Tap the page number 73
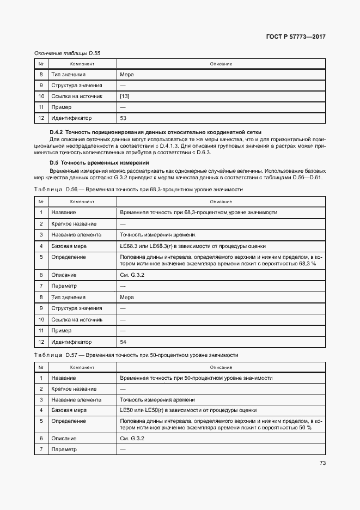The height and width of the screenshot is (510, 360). tap(322, 463)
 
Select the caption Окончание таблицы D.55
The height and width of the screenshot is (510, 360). tap(68, 53)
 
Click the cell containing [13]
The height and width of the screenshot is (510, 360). tap(125, 96)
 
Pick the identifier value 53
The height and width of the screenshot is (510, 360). tap(123, 118)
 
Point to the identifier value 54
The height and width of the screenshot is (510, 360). tap(123, 342)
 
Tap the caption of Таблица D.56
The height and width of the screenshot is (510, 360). tap(138, 189)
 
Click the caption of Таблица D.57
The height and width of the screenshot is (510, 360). tap(136, 355)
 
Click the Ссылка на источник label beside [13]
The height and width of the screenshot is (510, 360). tap(77, 96)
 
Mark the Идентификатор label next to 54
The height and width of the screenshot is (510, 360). tap(71, 342)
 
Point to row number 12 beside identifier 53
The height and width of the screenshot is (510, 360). tap(41, 118)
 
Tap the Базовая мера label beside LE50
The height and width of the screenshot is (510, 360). tap(69, 410)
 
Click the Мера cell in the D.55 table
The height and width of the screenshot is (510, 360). tap(126, 75)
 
